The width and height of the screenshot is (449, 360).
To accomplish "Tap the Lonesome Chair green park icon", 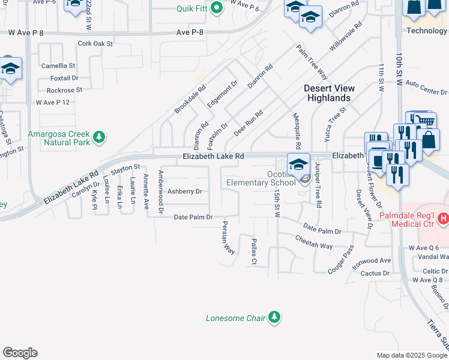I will pyautogui.click(x=274, y=317).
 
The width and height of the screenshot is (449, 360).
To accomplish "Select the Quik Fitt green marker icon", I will pyautogui.click(x=218, y=8).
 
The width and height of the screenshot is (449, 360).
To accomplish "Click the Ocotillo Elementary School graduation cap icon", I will pyautogui.click(x=298, y=163).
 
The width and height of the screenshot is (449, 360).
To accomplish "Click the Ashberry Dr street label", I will pyautogui.click(x=184, y=191).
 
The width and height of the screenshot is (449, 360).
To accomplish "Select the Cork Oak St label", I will pyautogui.click(x=95, y=44).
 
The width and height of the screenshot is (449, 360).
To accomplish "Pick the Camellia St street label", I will pyautogui.click(x=58, y=65).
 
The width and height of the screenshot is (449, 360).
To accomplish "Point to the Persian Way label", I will pyautogui.click(x=228, y=238).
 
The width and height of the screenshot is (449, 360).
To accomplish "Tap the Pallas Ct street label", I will pyautogui.click(x=253, y=251).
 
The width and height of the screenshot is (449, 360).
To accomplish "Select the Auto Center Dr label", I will pyautogui.click(x=427, y=88).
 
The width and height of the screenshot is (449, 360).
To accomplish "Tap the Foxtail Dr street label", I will pyautogui.click(x=65, y=78).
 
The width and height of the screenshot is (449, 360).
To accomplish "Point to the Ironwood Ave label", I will pyautogui.click(x=372, y=260).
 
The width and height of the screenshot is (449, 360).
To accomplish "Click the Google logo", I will pyautogui.click(x=20, y=353).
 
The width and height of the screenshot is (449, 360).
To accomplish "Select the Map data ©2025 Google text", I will pyautogui.click(x=412, y=355).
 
